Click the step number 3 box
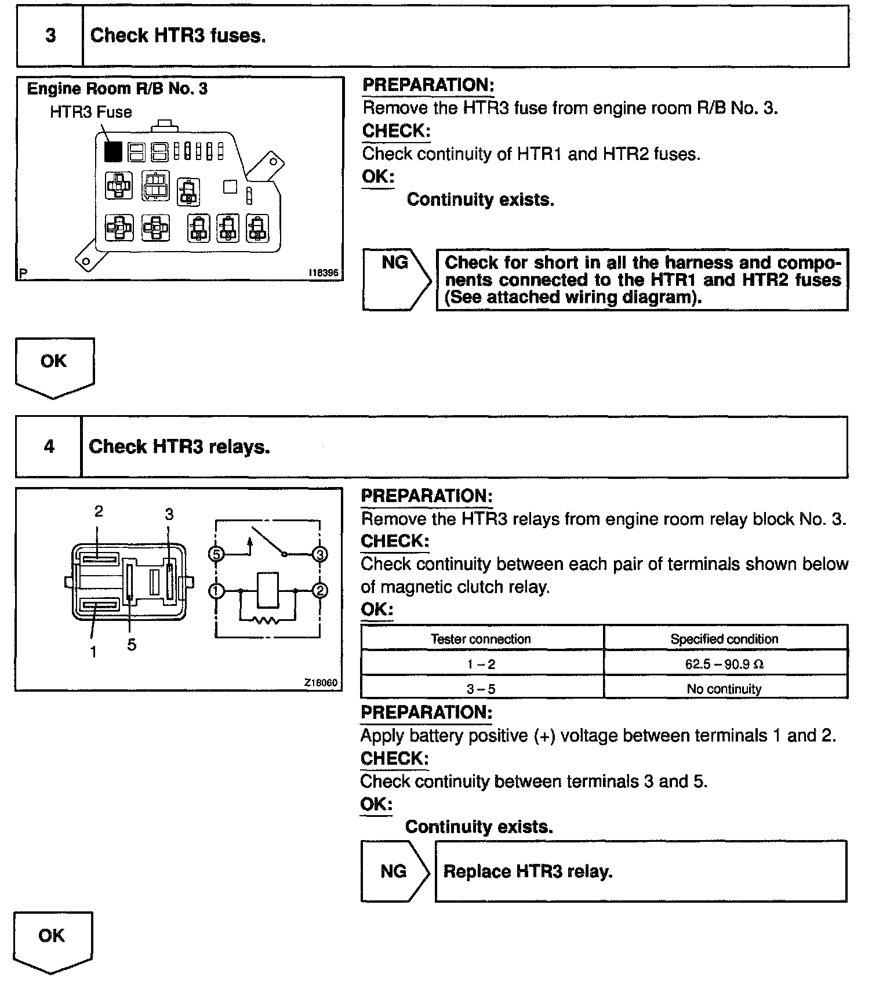pyautogui.click(x=50, y=36)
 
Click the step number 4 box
pyautogui.click(x=49, y=446)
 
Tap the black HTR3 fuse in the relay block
pyautogui.click(x=113, y=152)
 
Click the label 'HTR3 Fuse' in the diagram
pyautogui.click(x=91, y=112)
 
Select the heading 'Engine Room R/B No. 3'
pyautogui.click(x=117, y=89)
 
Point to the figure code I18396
pyautogui.click(x=323, y=272)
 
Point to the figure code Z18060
pyautogui.click(x=321, y=682)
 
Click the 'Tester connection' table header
pyautogui.click(x=481, y=639)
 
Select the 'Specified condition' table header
pyautogui.click(x=724, y=639)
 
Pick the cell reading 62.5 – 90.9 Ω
pyautogui.click(x=724, y=664)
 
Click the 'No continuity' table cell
pyautogui.click(x=724, y=689)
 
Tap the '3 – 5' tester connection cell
pyautogui.click(x=481, y=689)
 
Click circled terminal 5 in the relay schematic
pyautogui.click(x=216, y=554)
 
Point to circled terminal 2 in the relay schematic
pyautogui.click(x=319, y=591)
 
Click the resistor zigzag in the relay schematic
pyautogui.click(x=266, y=621)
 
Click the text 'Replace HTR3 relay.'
pyautogui.click(x=528, y=871)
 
